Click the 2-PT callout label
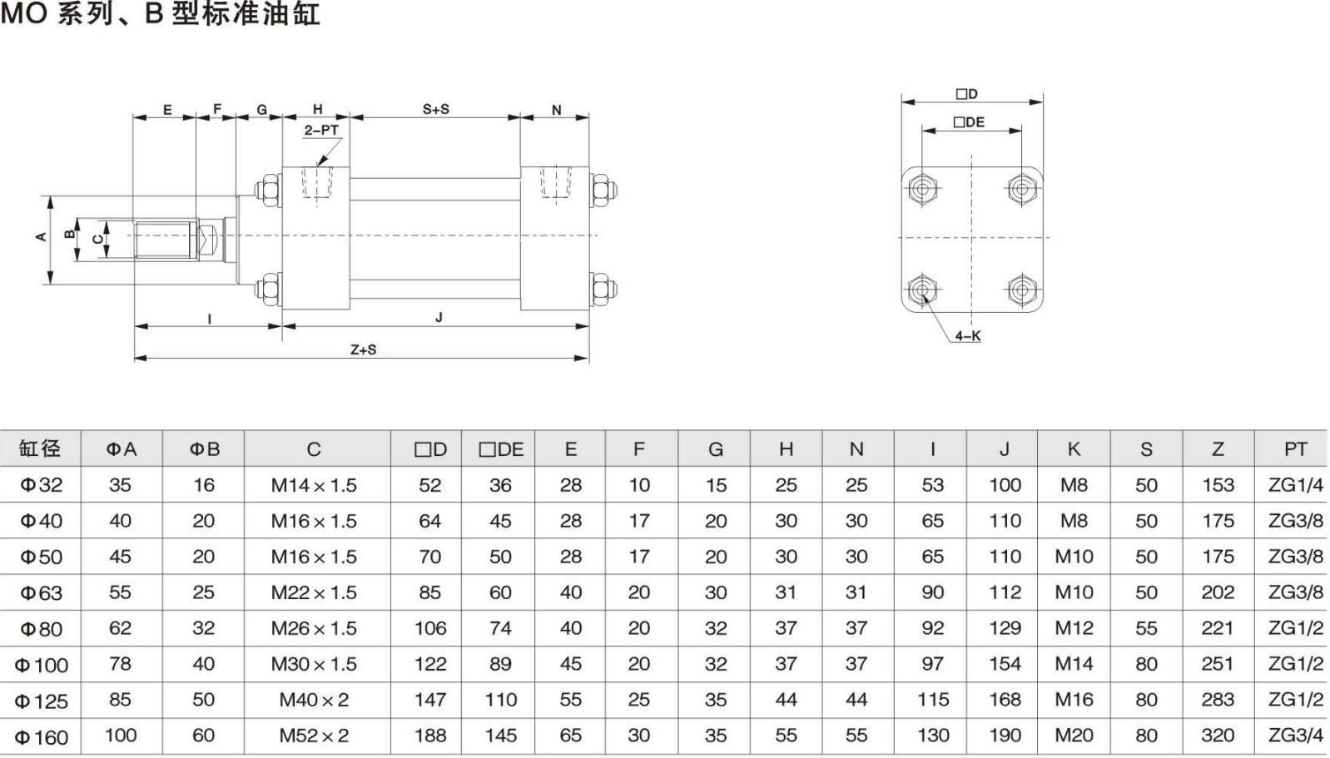(321, 130)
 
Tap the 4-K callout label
(967, 336)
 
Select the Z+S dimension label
(363, 349)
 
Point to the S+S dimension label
(435, 109)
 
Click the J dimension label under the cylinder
(439, 317)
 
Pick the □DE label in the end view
(969, 122)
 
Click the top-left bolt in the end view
(921, 188)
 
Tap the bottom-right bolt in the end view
(1021, 290)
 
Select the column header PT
(1295, 449)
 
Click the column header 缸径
(40, 449)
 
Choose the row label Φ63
(41, 592)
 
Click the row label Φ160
(41, 736)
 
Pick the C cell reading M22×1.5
(314, 592)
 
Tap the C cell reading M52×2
(314, 736)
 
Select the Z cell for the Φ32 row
(1218, 485)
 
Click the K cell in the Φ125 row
(1074, 700)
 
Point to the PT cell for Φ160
(1295, 736)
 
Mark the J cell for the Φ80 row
(1005, 628)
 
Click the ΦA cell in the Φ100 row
(120, 664)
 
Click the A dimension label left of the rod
(41, 237)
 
